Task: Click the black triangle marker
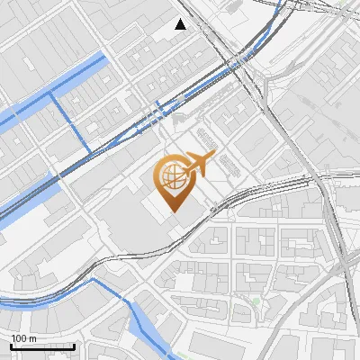pos(181,24)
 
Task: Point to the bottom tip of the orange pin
pos(173,211)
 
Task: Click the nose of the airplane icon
pos(213,157)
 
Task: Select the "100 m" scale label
pos(24,337)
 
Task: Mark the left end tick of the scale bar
pos(12,345)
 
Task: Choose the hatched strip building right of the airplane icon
pos(229,163)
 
